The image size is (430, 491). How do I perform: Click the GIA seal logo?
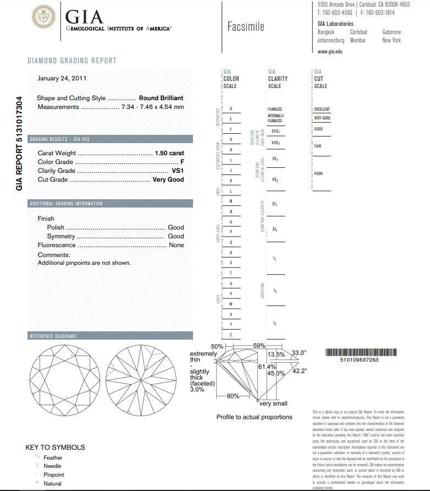(43, 18)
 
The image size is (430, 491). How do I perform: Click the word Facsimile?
(245, 26)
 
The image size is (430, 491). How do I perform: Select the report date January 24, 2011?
(62, 78)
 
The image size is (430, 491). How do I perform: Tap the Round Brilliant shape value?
(161, 98)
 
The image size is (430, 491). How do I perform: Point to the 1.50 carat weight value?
(169, 153)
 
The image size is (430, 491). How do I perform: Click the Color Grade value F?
(182, 162)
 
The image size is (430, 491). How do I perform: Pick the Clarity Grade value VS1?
(178, 171)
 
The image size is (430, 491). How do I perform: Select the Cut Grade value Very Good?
(168, 179)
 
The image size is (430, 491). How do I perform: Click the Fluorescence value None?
(177, 245)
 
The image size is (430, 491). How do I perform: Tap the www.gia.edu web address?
(330, 51)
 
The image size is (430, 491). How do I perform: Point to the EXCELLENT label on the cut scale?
(321, 110)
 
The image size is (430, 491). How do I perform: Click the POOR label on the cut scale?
(318, 174)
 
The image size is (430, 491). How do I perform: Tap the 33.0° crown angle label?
(299, 353)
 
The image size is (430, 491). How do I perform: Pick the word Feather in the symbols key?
(53, 457)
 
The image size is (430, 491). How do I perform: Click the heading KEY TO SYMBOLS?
(55, 447)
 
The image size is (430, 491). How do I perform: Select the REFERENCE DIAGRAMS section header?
(53, 336)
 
